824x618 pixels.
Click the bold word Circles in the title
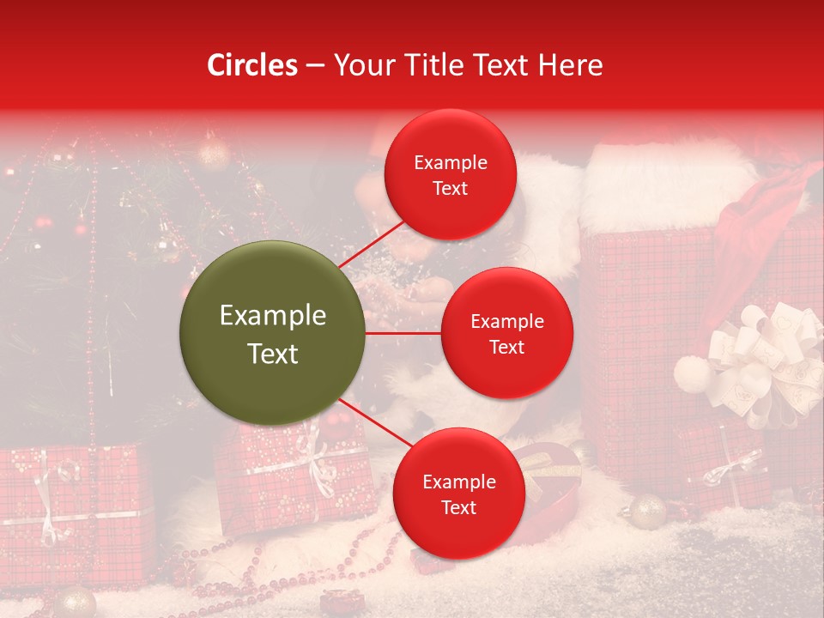click(x=251, y=64)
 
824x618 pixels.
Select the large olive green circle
click(x=272, y=333)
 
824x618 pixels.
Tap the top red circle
click(x=450, y=174)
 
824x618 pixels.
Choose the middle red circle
click(x=506, y=333)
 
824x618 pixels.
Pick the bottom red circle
click(x=458, y=494)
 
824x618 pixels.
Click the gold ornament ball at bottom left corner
click(x=75, y=601)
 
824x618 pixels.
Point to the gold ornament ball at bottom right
click(x=647, y=512)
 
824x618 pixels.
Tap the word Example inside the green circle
click(x=272, y=316)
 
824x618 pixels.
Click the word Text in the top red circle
click(x=450, y=188)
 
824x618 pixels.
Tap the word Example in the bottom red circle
click(x=458, y=482)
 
